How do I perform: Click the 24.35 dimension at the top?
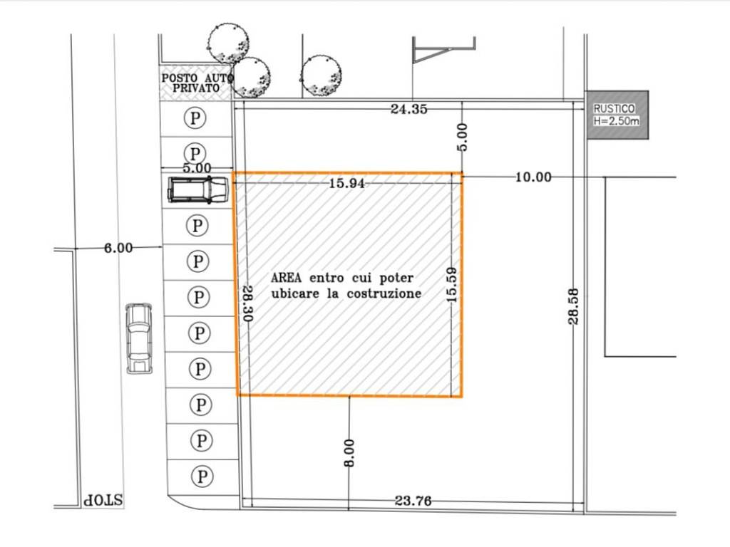(x=408, y=109)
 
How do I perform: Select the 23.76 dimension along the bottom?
(x=413, y=501)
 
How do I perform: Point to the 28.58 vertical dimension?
(x=573, y=306)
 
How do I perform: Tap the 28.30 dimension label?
(x=247, y=303)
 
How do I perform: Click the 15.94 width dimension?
(x=347, y=183)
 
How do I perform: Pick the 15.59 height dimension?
(x=451, y=285)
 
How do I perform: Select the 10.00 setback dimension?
(x=533, y=177)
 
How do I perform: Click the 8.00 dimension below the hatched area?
(x=349, y=452)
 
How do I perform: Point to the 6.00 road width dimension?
(x=118, y=248)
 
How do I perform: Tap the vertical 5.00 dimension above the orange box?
(x=462, y=137)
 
